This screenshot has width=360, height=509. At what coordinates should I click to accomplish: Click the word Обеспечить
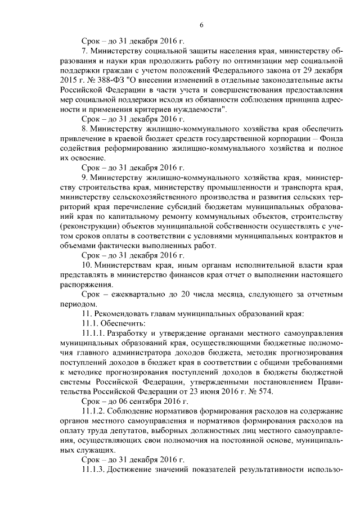121,325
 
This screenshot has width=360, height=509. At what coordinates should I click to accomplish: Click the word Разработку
129,335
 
